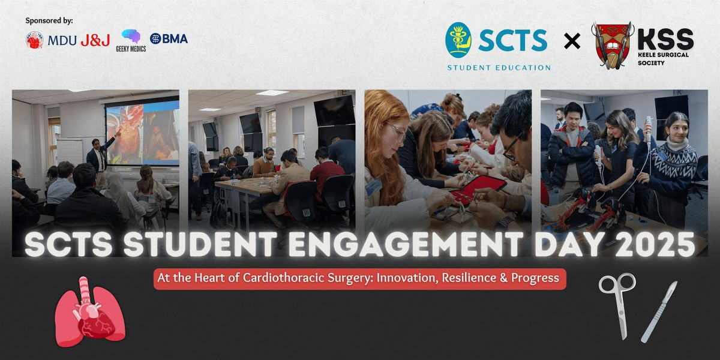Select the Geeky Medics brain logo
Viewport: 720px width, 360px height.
tap(131, 37)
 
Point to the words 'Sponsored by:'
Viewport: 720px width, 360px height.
tap(49, 20)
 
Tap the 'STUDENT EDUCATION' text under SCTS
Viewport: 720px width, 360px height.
tap(499, 67)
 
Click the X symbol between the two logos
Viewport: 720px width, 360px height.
tap(572, 41)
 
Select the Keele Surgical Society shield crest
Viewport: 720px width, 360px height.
tap(611, 45)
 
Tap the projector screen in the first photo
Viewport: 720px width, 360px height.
tap(142, 132)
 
